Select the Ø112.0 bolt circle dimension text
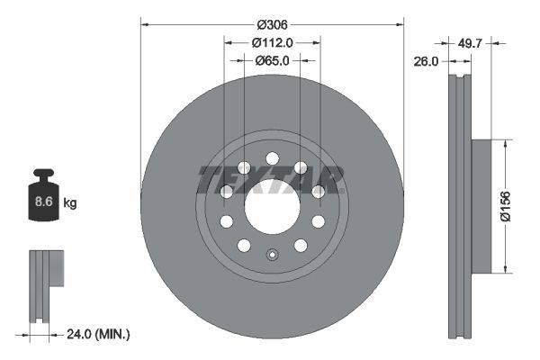(x=273, y=41)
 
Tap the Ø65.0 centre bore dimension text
(x=273, y=60)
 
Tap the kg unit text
(x=70, y=203)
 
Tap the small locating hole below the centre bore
(x=272, y=255)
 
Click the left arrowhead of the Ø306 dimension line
(x=144, y=22)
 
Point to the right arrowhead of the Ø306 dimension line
(x=400, y=22)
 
